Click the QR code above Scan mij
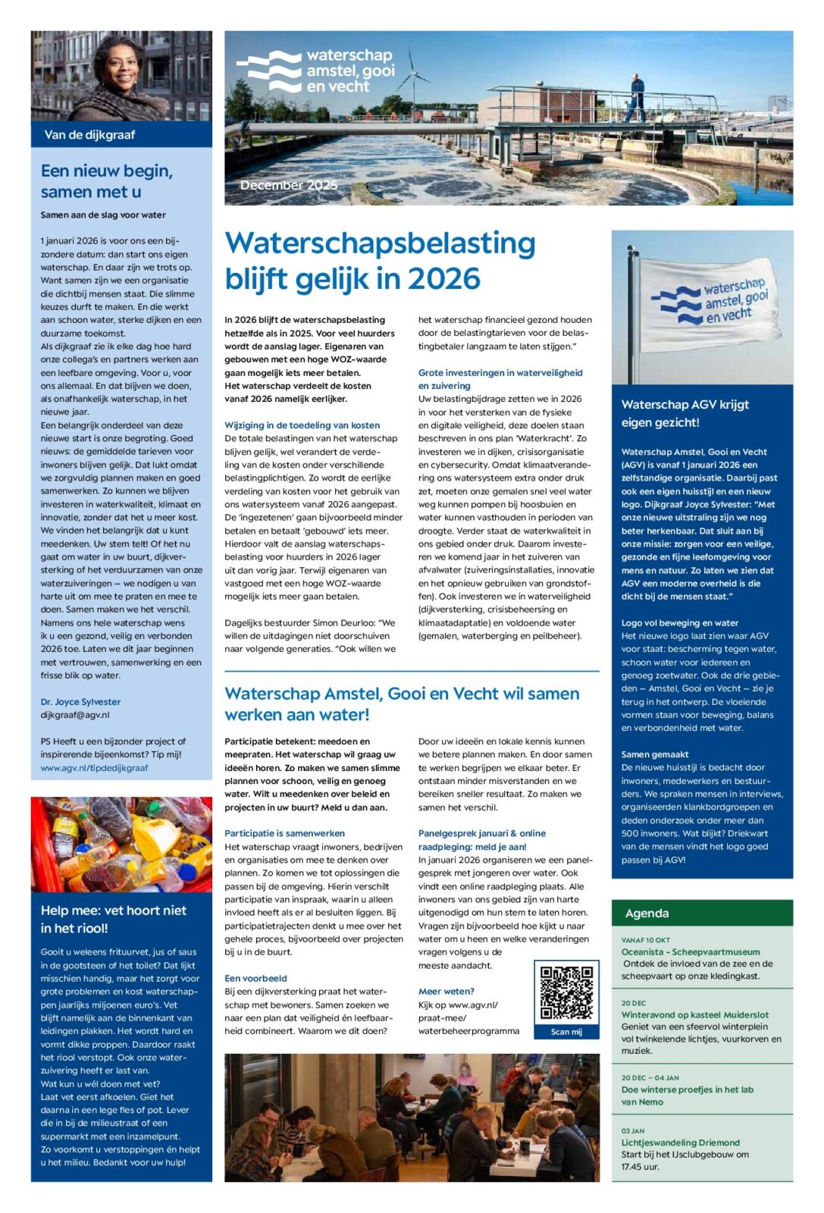[566, 992]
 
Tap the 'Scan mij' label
[566, 1032]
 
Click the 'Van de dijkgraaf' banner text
[89, 135]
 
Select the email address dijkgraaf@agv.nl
[75, 715]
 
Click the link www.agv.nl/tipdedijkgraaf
[94, 768]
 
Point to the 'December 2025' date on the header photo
[289, 185]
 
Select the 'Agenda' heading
[647, 914]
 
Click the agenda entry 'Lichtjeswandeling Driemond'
[680, 1142]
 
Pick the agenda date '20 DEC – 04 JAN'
[650, 1077]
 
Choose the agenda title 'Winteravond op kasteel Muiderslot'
[694, 1014]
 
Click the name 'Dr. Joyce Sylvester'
[80, 702]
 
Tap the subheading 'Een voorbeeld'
[255, 978]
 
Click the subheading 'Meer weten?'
[446, 991]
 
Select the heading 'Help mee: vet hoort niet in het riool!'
[113, 919]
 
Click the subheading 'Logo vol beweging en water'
[679, 622]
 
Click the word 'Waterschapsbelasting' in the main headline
[380, 243]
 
